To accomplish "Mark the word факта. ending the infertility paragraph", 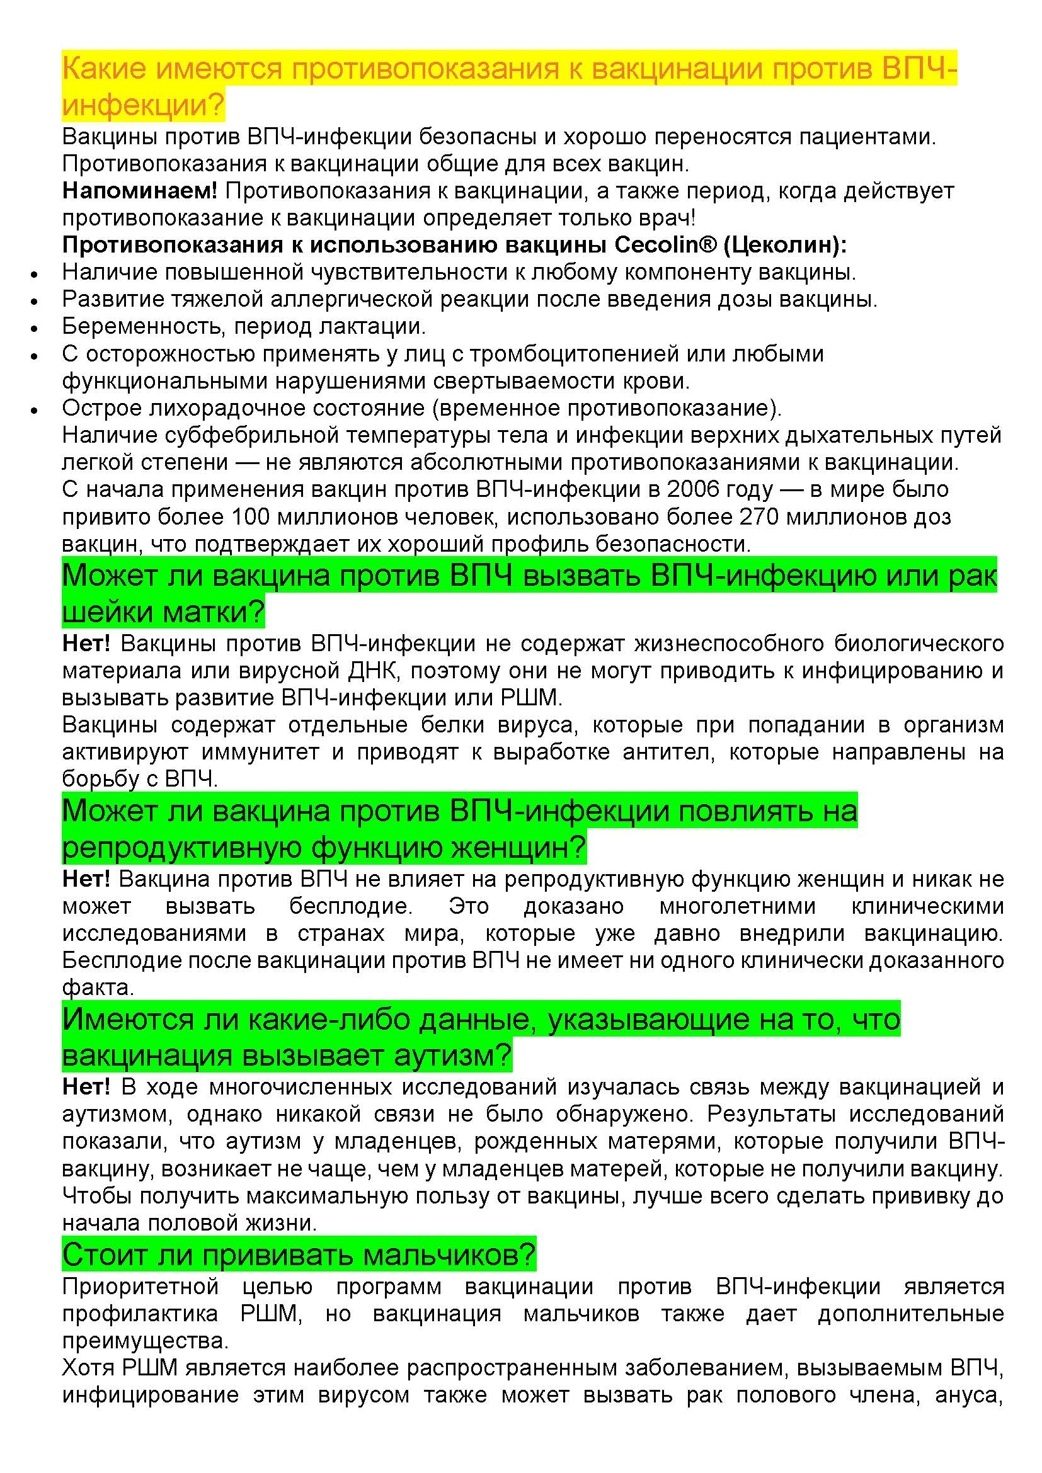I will (98, 987).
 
